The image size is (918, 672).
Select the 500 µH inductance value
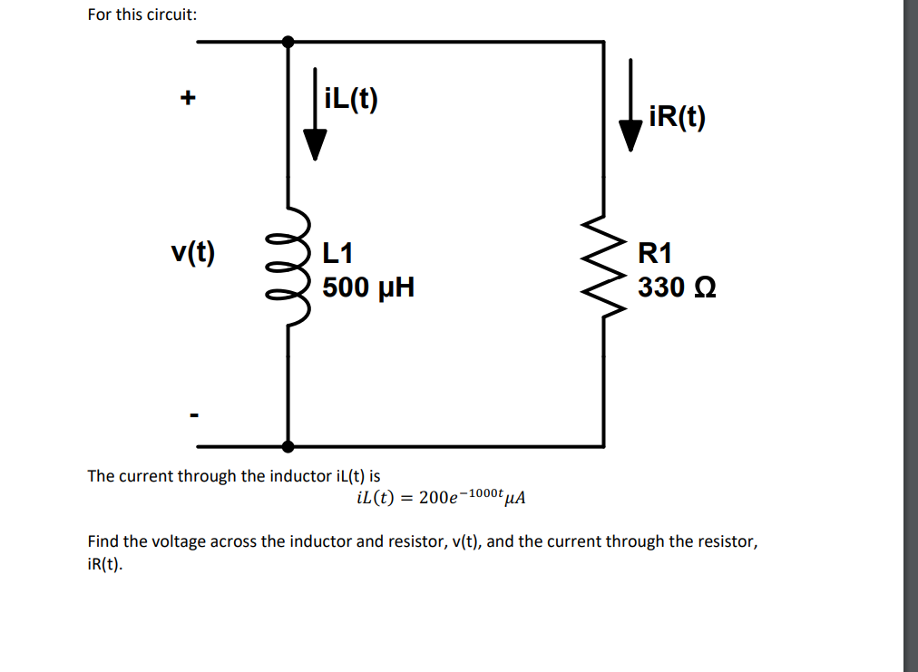(368, 287)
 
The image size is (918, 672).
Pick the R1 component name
(655, 253)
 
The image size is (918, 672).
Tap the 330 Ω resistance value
(677, 287)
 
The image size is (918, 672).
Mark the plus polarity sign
(188, 98)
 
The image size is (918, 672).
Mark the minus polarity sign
(192, 416)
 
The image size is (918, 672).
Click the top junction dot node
(288, 41)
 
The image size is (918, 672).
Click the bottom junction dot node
(288, 446)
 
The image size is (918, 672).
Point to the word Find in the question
(103, 541)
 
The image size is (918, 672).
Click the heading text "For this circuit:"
(142, 15)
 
